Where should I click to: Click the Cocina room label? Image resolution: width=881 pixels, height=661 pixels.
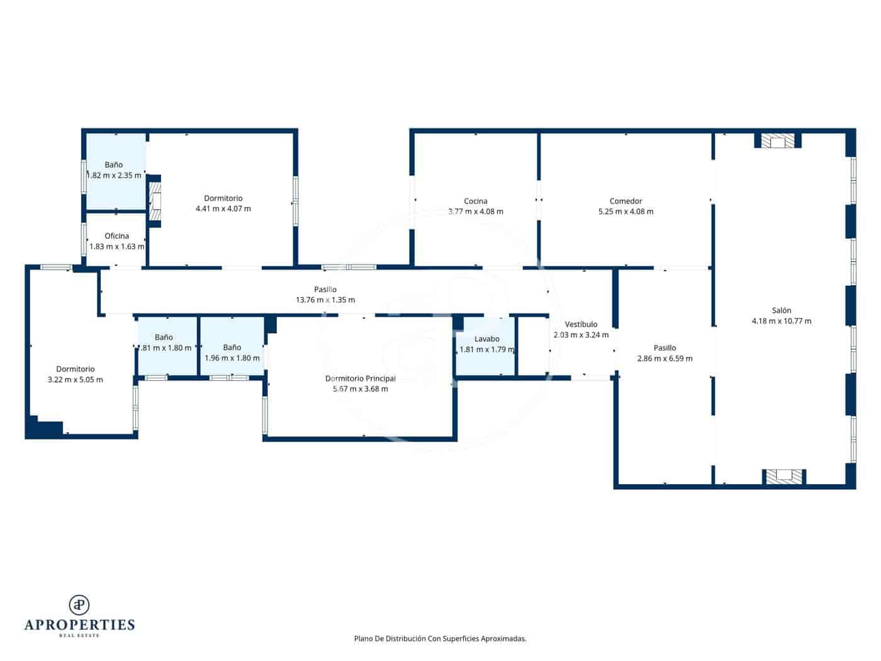coord(475,201)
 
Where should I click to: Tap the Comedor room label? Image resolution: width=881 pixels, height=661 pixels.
coord(626,201)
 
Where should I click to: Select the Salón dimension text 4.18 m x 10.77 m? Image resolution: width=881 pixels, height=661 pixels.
coord(781,321)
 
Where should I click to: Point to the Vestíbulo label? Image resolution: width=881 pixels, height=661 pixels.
coord(581,324)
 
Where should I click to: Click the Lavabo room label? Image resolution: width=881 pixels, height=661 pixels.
coord(486,339)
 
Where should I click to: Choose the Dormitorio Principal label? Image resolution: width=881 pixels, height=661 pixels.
coord(360,378)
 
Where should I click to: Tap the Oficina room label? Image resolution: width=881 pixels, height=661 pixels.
coord(116,236)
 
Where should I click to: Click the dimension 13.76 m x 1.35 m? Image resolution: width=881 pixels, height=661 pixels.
coord(325,300)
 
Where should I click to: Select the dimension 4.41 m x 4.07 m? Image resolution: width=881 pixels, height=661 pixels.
coord(223,208)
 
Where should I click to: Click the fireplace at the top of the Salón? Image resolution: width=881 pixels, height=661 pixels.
coord(778,141)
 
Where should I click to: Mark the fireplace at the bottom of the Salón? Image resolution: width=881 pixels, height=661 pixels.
coord(783,477)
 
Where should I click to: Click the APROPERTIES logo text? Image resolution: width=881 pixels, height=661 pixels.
coord(79,625)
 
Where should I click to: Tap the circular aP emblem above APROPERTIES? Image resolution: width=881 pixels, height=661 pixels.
coord(79,604)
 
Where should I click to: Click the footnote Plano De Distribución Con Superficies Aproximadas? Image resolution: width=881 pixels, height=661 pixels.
coord(440,638)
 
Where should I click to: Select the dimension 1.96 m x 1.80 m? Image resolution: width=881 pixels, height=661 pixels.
coord(232,358)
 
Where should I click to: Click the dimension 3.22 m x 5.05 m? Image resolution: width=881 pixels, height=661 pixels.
coord(75,380)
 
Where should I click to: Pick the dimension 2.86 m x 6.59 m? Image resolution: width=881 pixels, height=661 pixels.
coord(665,359)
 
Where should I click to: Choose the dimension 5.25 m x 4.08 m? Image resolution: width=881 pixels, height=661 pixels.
coord(626,212)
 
